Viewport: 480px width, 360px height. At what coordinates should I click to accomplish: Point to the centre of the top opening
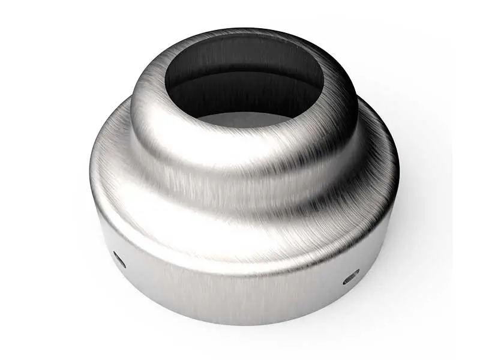pyautogui.click(x=244, y=81)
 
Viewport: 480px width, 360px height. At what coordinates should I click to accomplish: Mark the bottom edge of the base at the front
pyautogui.click(x=240, y=323)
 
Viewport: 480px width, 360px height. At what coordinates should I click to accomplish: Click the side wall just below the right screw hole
pyautogui.click(x=351, y=294)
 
